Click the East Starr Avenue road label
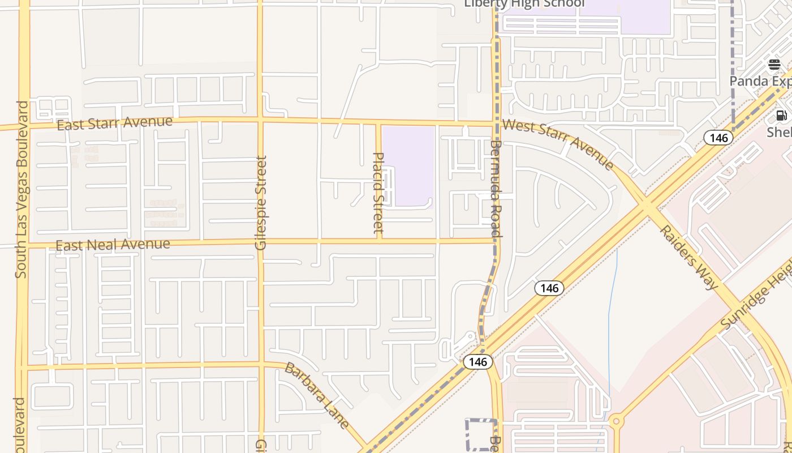tap(115, 123)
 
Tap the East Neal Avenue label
tap(113, 245)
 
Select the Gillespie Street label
tap(261, 203)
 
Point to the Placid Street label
tap(378, 193)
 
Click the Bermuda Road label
tap(496, 189)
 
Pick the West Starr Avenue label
tap(558, 144)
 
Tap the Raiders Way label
tap(688, 258)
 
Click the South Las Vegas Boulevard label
tap(21, 190)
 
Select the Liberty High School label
tap(524, 3)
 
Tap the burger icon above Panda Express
tap(774, 65)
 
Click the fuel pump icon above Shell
tap(781, 116)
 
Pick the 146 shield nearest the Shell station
tap(718, 137)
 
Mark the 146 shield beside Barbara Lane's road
tap(478, 361)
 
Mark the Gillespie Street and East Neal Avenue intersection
tap(261, 242)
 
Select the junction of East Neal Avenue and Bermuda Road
tap(496, 240)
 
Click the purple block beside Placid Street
tap(408, 165)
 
